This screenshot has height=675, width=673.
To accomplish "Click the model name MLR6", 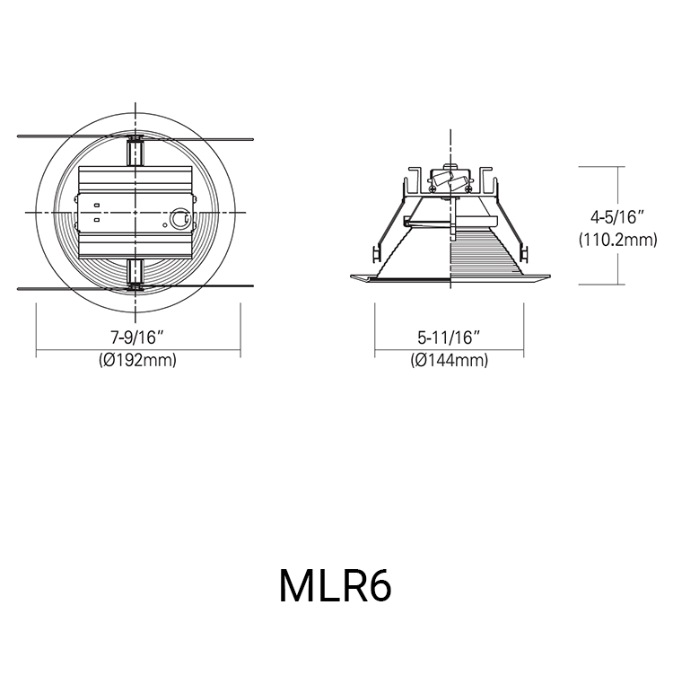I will point(336,585).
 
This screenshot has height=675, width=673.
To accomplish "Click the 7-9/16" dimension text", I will point(136,338).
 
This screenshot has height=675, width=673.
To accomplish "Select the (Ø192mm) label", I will point(136,360).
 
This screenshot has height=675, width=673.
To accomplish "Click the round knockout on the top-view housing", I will point(180,218).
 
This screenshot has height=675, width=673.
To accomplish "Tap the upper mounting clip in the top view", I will point(135,151).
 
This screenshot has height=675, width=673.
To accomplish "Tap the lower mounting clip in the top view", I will point(135,273).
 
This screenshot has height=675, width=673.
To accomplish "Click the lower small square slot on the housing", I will point(96,218).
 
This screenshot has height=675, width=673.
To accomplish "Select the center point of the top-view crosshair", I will point(135,212).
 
